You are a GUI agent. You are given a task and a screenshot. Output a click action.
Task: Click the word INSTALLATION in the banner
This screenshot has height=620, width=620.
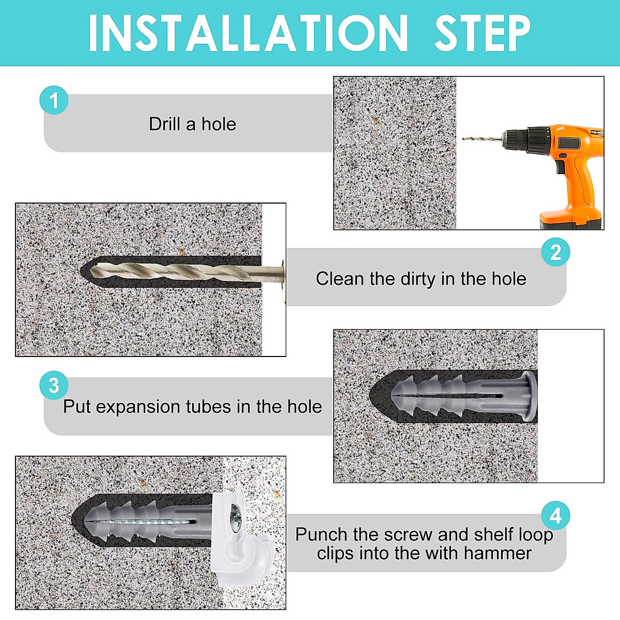[248, 33]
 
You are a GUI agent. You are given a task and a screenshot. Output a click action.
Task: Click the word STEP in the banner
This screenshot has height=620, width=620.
[482, 33]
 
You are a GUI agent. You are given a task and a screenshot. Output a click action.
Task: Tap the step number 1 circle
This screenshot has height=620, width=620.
[54, 100]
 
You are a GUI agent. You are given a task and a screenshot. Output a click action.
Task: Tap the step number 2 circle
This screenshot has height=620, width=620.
[555, 252]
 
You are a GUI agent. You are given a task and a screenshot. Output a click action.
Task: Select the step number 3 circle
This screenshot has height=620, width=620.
[54, 385]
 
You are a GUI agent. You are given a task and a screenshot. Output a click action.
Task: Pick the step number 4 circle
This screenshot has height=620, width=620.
[555, 516]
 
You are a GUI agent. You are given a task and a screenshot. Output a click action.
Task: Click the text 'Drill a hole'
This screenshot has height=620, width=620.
[192, 124]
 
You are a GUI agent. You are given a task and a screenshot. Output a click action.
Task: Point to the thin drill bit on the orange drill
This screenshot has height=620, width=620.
[482, 138]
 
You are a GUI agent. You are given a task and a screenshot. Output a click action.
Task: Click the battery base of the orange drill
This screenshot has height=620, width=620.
[571, 220]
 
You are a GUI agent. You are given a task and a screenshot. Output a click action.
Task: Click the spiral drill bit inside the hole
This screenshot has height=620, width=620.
[187, 272]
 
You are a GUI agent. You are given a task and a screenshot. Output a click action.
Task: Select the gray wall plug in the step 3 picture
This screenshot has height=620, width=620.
[464, 396]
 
